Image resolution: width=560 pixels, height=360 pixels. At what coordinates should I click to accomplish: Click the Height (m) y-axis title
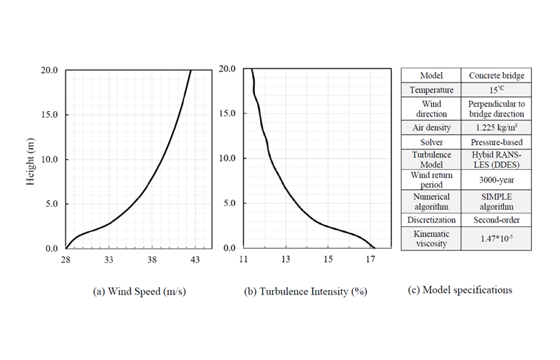pos(32,159)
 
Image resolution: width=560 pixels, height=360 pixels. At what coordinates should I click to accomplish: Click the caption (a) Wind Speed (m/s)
pos(139,292)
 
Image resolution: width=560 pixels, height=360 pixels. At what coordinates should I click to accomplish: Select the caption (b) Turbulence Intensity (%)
pos(306,292)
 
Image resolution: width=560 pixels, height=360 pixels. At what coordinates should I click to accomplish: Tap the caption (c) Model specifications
pos(460,289)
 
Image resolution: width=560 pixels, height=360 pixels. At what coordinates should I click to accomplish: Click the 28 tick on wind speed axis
pos(66,260)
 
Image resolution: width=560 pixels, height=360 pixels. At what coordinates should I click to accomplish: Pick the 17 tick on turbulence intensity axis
pos(371,260)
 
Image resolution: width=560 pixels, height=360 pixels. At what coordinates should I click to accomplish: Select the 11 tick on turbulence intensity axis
pos(244,260)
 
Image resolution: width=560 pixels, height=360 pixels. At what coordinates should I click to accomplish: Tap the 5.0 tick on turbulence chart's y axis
pos(229,203)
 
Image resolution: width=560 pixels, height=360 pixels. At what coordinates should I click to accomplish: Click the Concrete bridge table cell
pos(495,76)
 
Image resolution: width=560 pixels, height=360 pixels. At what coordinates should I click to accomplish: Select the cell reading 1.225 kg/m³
pos(495,126)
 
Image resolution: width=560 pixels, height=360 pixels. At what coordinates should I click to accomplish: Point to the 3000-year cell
pos(495,180)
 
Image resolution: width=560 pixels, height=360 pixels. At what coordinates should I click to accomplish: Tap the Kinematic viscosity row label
pos(431,238)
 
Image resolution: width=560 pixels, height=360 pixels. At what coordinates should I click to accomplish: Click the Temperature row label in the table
pos(431,90)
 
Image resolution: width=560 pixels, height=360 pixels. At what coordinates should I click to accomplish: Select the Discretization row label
pos(431,219)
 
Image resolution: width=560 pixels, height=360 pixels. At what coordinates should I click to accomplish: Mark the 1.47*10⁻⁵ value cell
pos(495,238)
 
